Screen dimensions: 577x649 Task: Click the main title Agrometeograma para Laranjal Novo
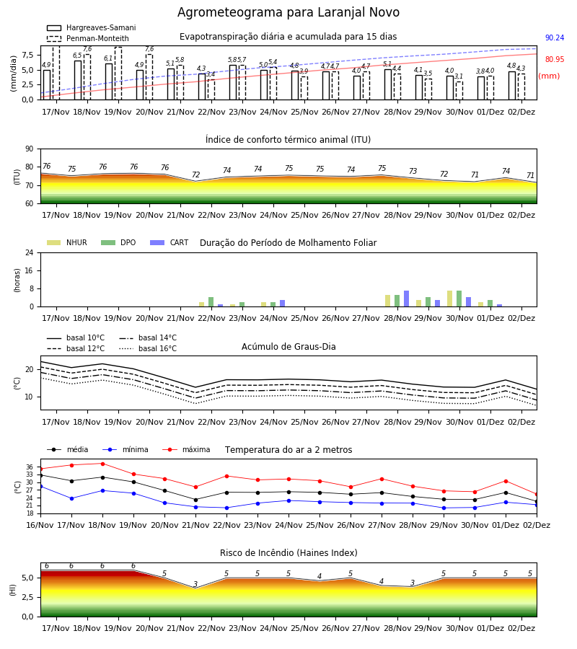click(x=288, y=12)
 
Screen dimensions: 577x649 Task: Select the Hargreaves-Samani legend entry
click(x=91, y=27)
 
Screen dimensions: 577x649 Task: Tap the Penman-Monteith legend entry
click(x=88, y=38)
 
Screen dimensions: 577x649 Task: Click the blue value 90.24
click(x=555, y=37)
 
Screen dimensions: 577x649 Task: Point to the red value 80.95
click(x=555, y=59)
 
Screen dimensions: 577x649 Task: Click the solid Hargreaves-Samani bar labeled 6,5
click(x=78, y=80)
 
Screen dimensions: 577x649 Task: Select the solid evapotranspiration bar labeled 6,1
click(x=109, y=81)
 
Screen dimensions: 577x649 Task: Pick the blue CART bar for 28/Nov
click(x=407, y=299)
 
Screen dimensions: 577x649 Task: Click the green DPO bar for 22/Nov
click(x=211, y=302)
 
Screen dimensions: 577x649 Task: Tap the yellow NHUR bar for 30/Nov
click(x=449, y=299)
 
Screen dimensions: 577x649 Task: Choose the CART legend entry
click(x=169, y=242)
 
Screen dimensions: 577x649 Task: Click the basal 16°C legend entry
click(x=148, y=348)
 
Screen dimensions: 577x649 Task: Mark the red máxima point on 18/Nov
click(x=102, y=464)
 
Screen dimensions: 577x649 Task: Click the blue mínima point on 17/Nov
click(x=71, y=499)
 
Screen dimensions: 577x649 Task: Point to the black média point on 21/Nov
click(x=195, y=500)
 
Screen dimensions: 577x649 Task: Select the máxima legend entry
click(x=187, y=449)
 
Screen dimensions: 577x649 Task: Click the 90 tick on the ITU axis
click(x=30, y=149)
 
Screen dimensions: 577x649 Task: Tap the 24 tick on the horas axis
click(x=30, y=253)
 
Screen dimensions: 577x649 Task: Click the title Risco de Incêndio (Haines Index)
click(x=288, y=553)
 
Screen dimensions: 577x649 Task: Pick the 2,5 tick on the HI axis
click(x=28, y=597)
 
